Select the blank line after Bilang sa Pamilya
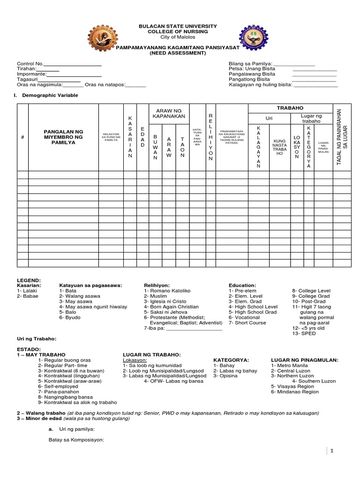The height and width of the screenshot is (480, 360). pos(294,64)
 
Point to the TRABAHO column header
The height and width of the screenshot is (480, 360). pos(290,108)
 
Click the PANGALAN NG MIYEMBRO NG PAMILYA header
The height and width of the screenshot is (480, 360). pos(63,136)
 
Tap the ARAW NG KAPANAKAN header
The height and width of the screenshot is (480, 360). pos(168,112)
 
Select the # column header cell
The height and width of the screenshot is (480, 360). pos(22,137)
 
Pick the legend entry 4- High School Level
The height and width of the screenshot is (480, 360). pos(253,307)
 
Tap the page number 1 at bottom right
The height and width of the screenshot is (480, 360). pos(330,450)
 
